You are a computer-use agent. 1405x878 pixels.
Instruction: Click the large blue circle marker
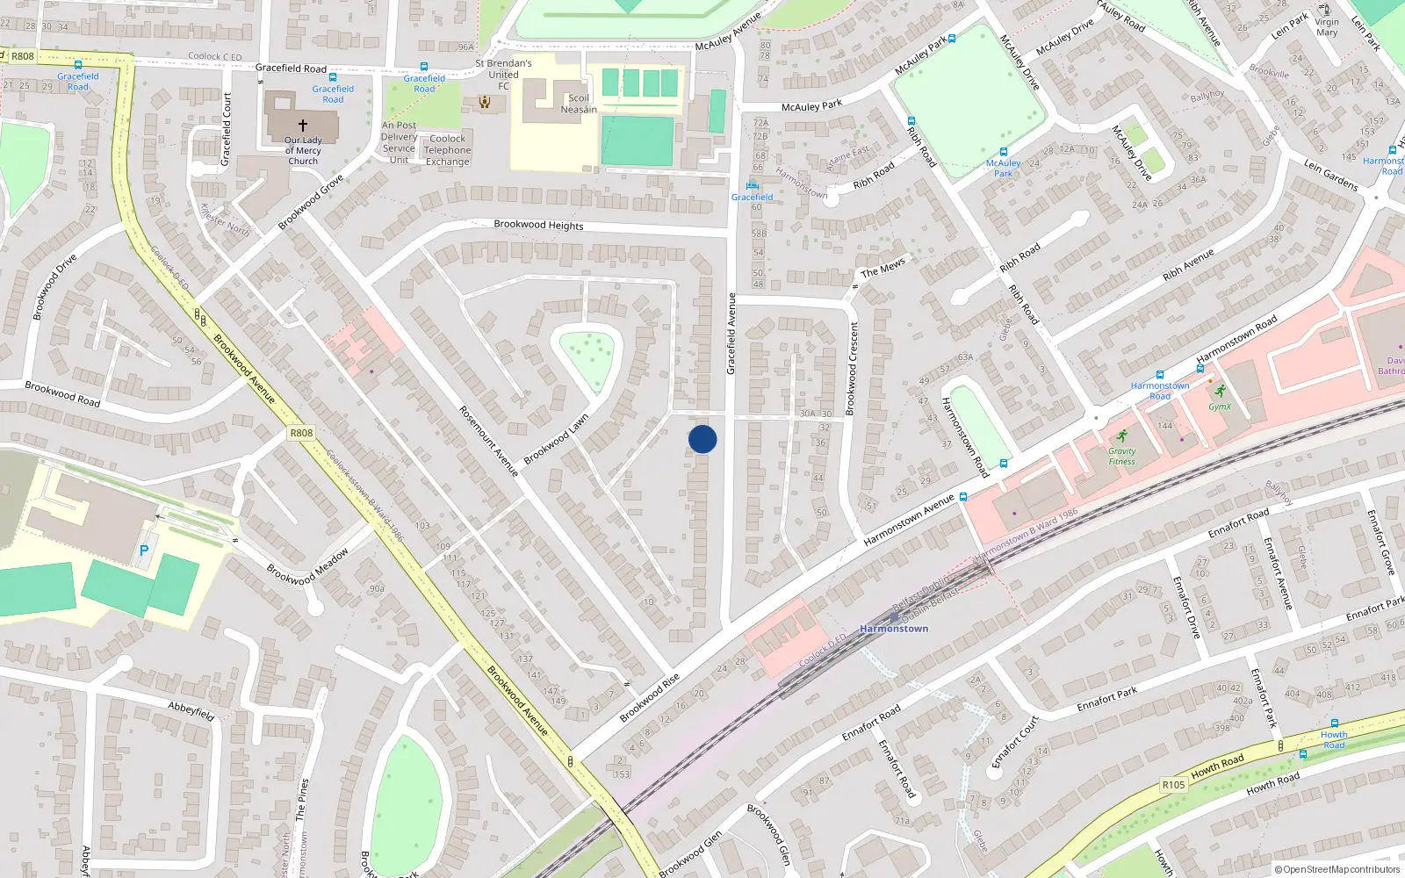pos(702,439)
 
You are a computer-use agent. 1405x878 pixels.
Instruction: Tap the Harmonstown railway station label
pos(894,629)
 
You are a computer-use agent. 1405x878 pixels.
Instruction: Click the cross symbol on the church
pos(303,126)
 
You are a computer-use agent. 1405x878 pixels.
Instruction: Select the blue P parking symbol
pos(144,551)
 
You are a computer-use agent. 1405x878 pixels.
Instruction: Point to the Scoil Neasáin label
pos(579,104)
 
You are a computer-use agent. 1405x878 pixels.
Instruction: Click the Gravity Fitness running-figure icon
pos(1121,436)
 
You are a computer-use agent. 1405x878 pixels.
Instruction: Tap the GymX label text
pos(1220,407)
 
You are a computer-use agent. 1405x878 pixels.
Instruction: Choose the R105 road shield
pos(1173,785)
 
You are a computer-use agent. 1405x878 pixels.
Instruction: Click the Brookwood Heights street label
pos(538,225)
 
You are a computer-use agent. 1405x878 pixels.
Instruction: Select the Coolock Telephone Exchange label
pos(448,150)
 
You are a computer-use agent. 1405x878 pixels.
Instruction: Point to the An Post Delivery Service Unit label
pos(400,142)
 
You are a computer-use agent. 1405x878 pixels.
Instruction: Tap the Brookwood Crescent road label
pos(851,369)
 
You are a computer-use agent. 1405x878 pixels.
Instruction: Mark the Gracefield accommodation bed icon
pos(752,185)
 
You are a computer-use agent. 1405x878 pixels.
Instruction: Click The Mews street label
pos(883,268)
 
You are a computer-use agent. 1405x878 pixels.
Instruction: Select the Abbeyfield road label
pos(191,710)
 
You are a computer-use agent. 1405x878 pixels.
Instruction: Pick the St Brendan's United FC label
pos(503,75)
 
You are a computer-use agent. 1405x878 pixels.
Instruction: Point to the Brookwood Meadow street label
pos(307,566)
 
